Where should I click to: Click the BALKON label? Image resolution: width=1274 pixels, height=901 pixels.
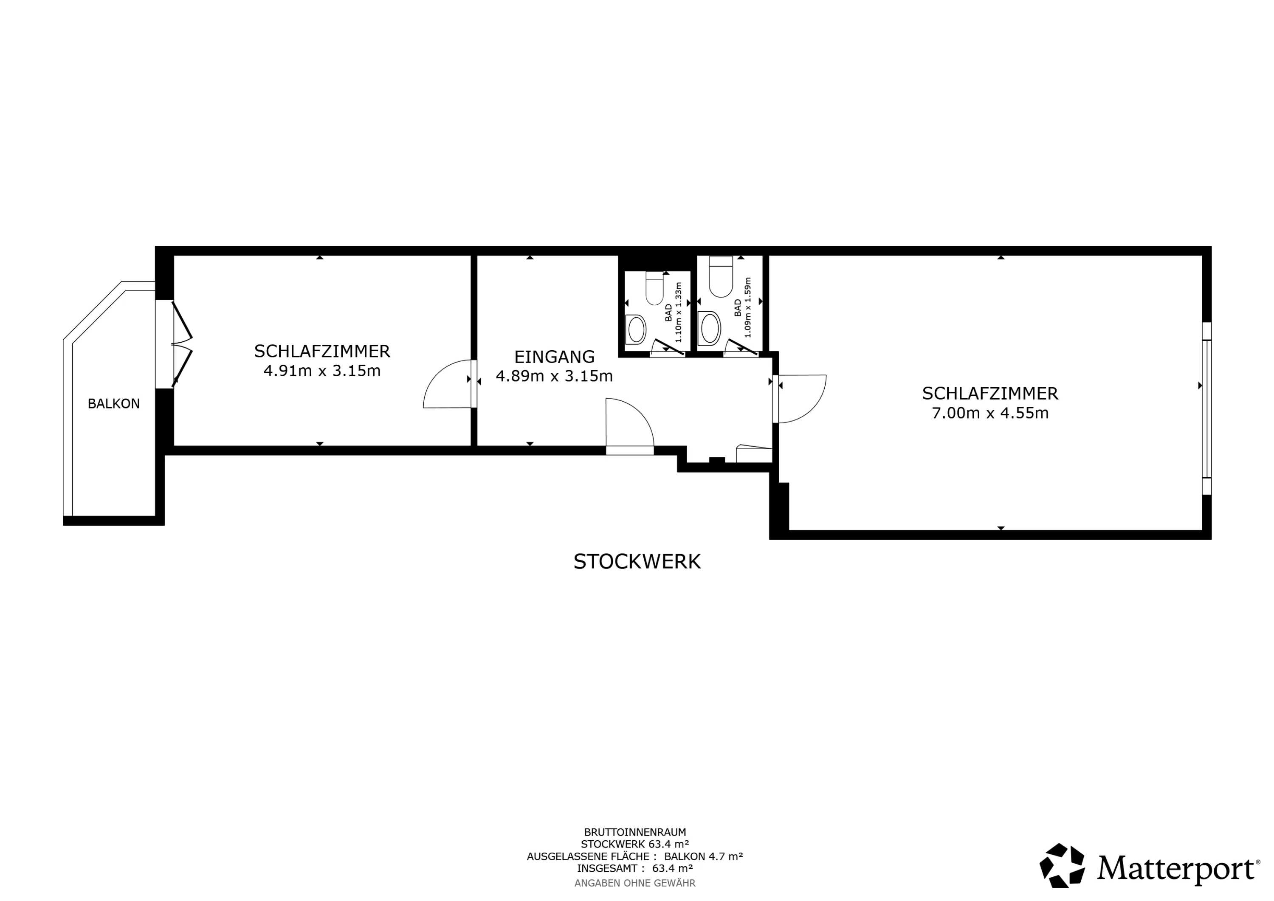click(x=114, y=404)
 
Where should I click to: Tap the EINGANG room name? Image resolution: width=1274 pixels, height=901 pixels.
click(x=554, y=357)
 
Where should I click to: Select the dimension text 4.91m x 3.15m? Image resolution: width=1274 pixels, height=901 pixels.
click(x=322, y=371)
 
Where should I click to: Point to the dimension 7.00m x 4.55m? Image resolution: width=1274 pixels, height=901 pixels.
click(x=990, y=413)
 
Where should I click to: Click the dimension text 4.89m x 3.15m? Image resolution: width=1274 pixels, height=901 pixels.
click(x=554, y=377)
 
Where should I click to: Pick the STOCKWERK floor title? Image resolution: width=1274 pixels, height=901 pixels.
click(x=637, y=562)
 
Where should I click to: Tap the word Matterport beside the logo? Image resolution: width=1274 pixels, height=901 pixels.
click(x=1176, y=868)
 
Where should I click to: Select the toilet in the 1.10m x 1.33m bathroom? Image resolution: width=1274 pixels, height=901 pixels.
click(x=655, y=288)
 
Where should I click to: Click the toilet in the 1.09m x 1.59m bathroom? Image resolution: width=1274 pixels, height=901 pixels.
click(x=721, y=276)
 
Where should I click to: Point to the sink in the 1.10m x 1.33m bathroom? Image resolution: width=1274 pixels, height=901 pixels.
click(x=636, y=329)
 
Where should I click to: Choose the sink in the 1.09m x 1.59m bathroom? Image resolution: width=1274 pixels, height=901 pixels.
click(x=710, y=329)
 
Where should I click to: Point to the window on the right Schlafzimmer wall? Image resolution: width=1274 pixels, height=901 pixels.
click(x=1207, y=409)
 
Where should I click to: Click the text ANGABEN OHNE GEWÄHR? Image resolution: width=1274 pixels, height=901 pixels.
click(x=635, y=883)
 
